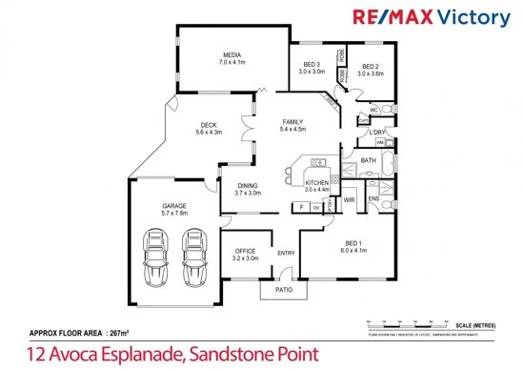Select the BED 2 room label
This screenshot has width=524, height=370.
[370, 65]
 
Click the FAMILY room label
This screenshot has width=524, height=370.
[292, 123]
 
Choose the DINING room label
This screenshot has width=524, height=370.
[246, 185]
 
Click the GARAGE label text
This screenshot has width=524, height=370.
[173, 205]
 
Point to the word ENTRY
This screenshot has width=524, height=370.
[286, 253]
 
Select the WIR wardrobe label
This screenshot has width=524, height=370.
[349, 200]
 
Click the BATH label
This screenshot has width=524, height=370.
[369, 161]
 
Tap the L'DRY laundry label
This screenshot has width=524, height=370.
[377, 132]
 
